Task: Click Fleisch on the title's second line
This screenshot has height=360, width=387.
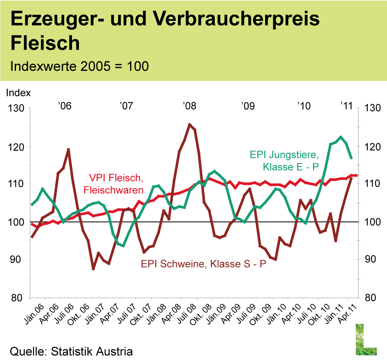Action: click(45, 43)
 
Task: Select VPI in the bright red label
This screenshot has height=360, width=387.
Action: click(98, 179)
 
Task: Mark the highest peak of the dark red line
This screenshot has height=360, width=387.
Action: click(189, 124)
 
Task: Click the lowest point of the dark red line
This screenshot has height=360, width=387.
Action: click(94, 269)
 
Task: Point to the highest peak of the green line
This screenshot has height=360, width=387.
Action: click(340, 137)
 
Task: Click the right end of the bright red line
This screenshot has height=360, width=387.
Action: click(357, 175)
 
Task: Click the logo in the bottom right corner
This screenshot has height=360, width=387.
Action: click(366, 339)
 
